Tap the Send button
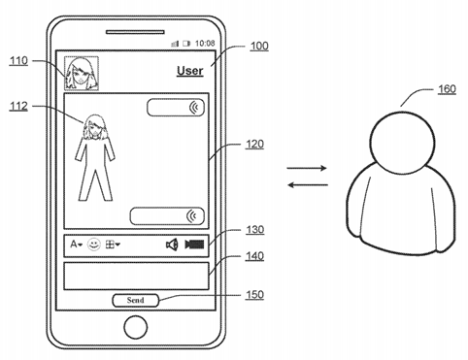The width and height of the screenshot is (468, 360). click(136, 301)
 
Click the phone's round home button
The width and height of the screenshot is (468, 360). click(136, 331)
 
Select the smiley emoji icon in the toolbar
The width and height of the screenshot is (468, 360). click(94, 245)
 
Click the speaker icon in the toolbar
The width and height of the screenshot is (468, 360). click(172, 245)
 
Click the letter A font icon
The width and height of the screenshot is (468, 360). click(74, 245)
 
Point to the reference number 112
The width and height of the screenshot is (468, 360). click(18, 107)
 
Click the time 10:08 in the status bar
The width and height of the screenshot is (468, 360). click(204, 44)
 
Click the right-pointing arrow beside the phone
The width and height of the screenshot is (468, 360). click(307, 170)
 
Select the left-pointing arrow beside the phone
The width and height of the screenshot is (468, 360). click(307, 185)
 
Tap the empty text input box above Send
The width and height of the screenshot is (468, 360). click(136, 275)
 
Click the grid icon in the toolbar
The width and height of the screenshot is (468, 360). click(112, 245)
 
